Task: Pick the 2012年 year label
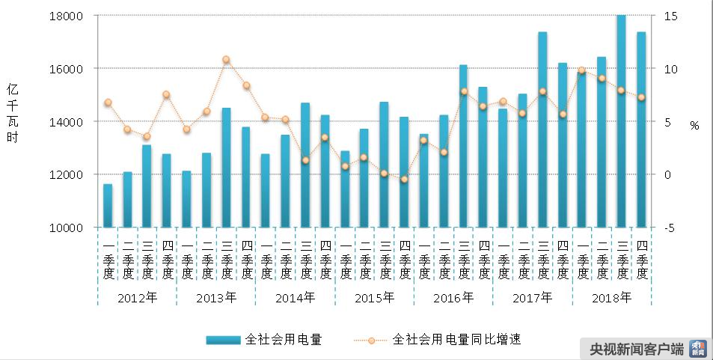pyautogui.click(x=138, y=297)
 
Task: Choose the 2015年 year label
pyautogui.click(x=374, y=297)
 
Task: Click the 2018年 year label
pyautogui.click(x=611, y=297)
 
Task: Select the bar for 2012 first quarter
pyautogui.click(x=108, y=206)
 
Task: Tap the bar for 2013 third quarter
pyautogui.click(x=227, y=168)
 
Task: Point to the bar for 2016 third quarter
pyautogui.click(x=464, y=146)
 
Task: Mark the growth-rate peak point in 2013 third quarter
pyautogui.click(x=227, y=60)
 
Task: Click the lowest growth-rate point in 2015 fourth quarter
pyautogui.click(x=404, y=179)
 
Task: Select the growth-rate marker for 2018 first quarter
pyautogui.click(x=582, y=70)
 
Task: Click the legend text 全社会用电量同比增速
pyautogui.click(x=456, y=340)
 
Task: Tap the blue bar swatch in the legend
pyautogui.click(x=223, y=340)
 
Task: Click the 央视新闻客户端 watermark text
pyautogui.click(x=637, y=349)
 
